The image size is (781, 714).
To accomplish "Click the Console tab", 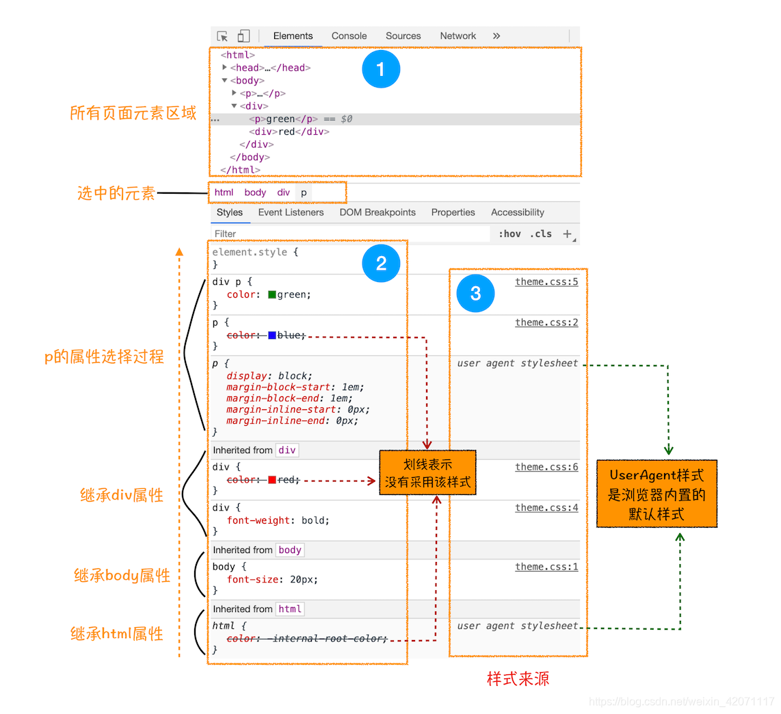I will (349, 36).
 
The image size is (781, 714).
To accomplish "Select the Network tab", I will (458, 36).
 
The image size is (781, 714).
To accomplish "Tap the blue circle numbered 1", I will (381, 69).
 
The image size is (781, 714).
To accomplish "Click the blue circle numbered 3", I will (475, 293).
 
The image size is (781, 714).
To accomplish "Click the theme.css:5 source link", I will (546, 282).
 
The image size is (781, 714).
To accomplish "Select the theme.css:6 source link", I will (546, 467).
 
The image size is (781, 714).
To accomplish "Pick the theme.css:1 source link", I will (546, 567).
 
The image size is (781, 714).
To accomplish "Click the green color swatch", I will (272, 295).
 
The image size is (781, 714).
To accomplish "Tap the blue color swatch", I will (272, 335).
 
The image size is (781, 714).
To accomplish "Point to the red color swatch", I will (272, 480).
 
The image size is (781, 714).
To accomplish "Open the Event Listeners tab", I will (291, 213).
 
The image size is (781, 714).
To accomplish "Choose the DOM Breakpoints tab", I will (378, 213).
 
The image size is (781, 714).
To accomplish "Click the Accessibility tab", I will (518, 213).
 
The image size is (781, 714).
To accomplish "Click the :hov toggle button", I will (509, 234).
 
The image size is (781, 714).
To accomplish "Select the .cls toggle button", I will (541, 234).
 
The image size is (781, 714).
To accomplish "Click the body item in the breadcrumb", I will (255, 193).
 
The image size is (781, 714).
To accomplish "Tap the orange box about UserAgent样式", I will (657, 494).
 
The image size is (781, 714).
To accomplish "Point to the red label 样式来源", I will (518, 679).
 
